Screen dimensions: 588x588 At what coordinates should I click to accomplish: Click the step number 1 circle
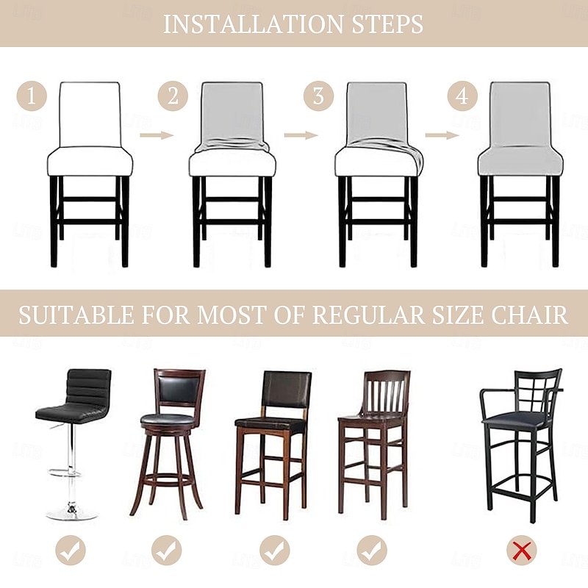click(x=32, y=96)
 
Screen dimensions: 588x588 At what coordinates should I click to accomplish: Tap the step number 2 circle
click(x=173, y=96)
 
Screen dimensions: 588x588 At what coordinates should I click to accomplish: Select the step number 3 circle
click(x=318, y=96)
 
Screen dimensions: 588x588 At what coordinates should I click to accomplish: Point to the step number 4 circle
click(x=462, y=96)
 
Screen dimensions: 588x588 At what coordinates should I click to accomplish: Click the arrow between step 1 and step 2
click(x=156, y=135)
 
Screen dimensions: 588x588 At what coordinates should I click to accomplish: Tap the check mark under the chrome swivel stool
click(x=71, y=551)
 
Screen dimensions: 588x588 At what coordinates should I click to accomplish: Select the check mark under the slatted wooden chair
click(x=372, y=551)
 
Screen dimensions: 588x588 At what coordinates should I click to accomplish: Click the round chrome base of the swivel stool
click(x=72, y=513)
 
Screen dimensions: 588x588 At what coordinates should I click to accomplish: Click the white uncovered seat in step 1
click(x=90, y=161)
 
